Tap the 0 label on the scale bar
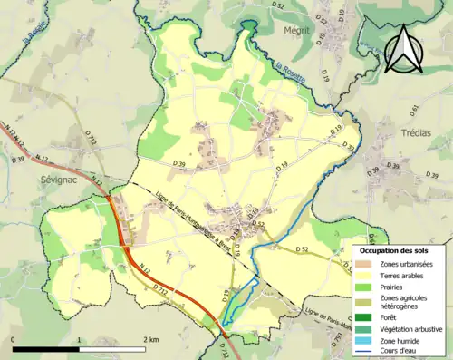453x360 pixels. [x=14, y=339]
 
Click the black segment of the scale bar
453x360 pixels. [x=45, y=349]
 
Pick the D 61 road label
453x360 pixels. [x=415, y=110]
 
